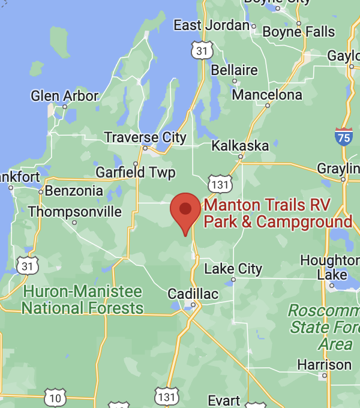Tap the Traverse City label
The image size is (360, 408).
[x=145, y=137]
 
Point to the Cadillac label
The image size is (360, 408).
[x=193, y=294]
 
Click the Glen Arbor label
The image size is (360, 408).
[x=64, y=96]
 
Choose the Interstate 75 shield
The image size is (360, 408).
[x=344, y=136]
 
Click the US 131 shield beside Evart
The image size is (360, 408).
[x=166, y=396]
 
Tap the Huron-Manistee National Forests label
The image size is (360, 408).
[x=82, y=300]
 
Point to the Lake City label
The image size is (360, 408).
[x=233, y=269]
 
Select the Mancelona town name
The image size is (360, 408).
[x=267, y=95]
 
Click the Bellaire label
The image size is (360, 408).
[x=235, y=70]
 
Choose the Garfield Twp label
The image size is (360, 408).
[x=136, y=173]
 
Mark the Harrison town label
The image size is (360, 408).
[x=325, y=365]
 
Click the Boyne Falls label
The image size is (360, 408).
[x=298, y=31]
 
